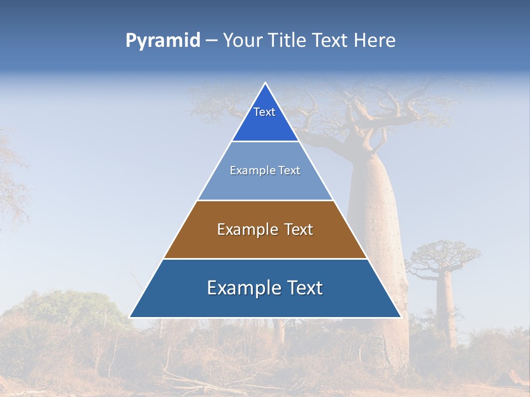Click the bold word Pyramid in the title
click(x=163, y=41)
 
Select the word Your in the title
click(x=243, y=41)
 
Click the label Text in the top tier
click(x=264, y=112)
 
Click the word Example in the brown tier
click(x=243, y=229)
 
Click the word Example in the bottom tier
click(x=238, y=288)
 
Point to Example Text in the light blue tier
click(x=265, y=170)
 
